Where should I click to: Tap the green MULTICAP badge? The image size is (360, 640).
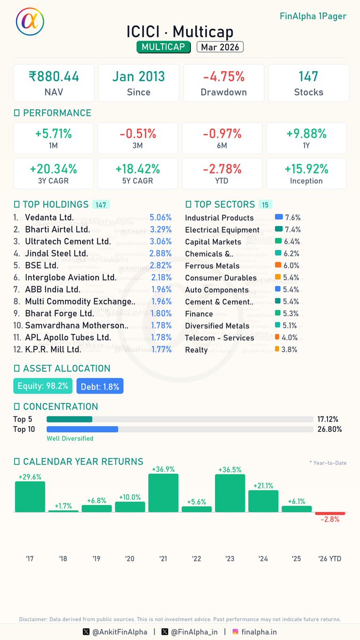(x=163, y=47)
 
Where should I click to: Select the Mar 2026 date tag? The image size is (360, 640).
(x=220, y=47)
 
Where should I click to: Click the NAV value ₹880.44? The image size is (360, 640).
(x=54, y=77)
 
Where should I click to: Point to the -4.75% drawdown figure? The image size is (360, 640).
(x=223, y=77)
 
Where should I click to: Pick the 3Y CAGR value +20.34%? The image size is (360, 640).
(x=53, y=169)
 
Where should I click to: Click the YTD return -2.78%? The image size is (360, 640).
(x=222, y=169)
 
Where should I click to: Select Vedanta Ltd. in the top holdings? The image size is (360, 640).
(x=50, y=218)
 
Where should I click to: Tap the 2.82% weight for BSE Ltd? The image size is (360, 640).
(x=161, y=266)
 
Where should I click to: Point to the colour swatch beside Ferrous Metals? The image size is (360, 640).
(x=278, y=265)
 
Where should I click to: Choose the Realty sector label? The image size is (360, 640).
(x=196, y=350)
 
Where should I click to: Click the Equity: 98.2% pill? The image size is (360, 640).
(x=43, y=386)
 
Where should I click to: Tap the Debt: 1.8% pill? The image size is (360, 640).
(x=100, y=386)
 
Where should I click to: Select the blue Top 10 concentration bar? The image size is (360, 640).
(x=82, y=429)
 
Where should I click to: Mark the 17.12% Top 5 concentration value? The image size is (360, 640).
(x=327, y=419)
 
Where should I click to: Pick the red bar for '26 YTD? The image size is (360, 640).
(x=330, y=513)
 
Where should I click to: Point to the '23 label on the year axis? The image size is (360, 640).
(x=230, y=558)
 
